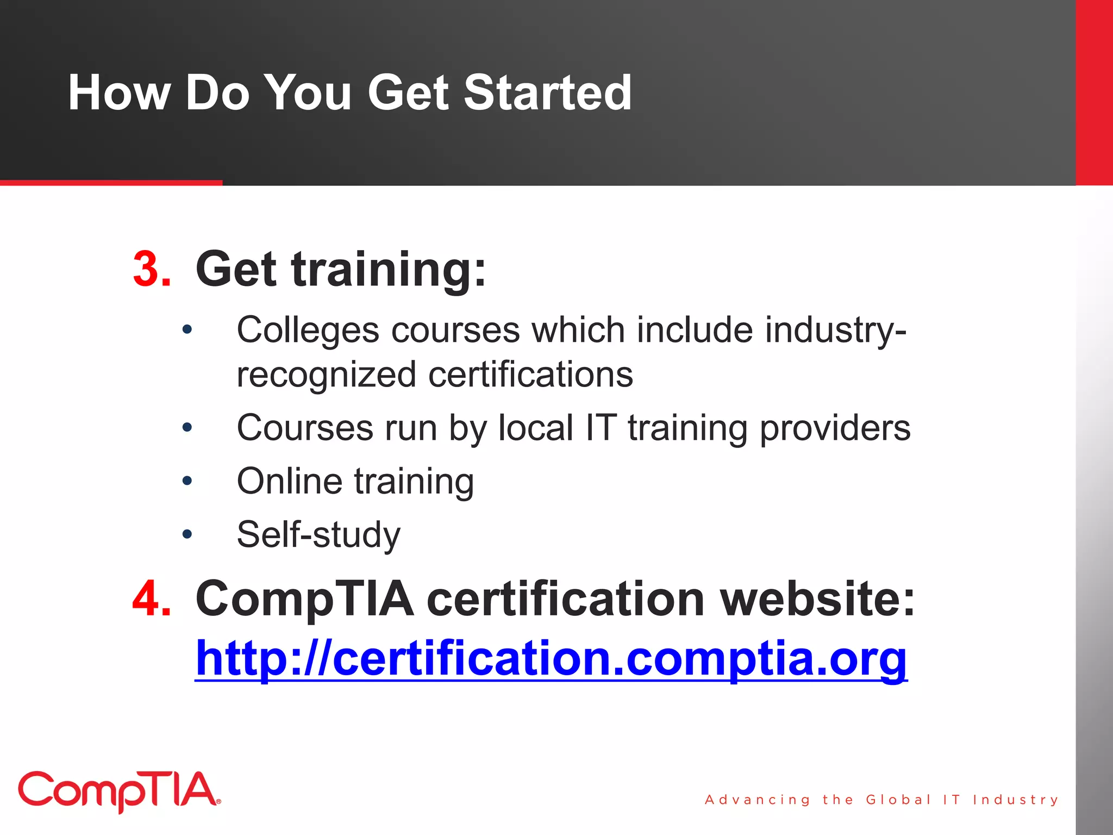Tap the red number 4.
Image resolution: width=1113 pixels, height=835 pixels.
click(x=152, y=598)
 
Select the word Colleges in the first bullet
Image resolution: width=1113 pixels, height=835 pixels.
click(x=308, y=331)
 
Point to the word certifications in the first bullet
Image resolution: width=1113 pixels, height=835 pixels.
click(x=530, y=375)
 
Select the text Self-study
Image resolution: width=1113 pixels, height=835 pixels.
click(x=318, y=534)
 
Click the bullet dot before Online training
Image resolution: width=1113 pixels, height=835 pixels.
click(x=187, y=481)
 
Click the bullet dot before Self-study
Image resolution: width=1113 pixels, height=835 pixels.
click(x=187, y=534)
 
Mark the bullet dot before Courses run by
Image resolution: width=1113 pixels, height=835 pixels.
click(x=187, y=428)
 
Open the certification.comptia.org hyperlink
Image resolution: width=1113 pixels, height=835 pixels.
click(x=551, y=658)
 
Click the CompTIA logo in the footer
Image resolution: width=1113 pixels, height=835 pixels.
click(x=119, y=791)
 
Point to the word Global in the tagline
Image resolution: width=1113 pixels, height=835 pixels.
click(x=898, y=800)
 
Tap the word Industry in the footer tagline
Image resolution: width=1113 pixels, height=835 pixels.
click(x=1015, y=800)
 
